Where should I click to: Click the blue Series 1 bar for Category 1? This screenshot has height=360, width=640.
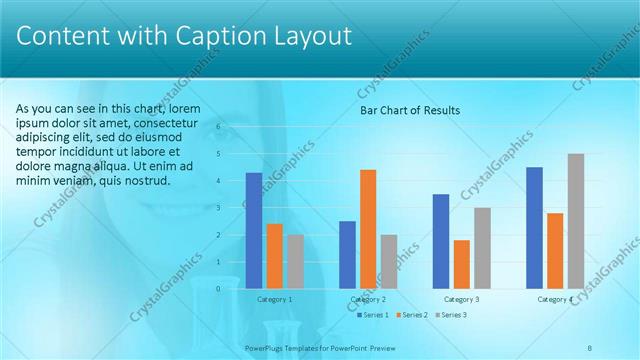[254, 231]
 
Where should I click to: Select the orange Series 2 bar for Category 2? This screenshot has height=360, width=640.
[368, 229]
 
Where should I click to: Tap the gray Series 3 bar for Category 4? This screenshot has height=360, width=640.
[575, 221]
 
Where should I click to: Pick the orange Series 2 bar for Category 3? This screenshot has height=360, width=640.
[461, 264]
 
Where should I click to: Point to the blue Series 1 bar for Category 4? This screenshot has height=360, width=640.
[534, 228]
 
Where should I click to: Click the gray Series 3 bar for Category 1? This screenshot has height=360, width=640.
[295, 261]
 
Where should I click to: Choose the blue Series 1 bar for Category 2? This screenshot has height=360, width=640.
[347, 254]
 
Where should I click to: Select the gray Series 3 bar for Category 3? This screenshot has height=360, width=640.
[482, 248]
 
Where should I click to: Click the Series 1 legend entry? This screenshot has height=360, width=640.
[373, 315]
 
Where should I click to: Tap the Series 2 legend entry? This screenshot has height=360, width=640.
[412, 315]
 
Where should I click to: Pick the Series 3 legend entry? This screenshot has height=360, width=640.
[451, 315]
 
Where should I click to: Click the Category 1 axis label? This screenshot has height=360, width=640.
[274, 299]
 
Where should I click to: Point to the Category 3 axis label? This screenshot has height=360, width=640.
[461, 299]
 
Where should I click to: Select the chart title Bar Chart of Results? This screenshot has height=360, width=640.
[409, 111]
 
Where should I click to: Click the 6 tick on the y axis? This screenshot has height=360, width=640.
[218, 127]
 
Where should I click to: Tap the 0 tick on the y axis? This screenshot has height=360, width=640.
[218, 289]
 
